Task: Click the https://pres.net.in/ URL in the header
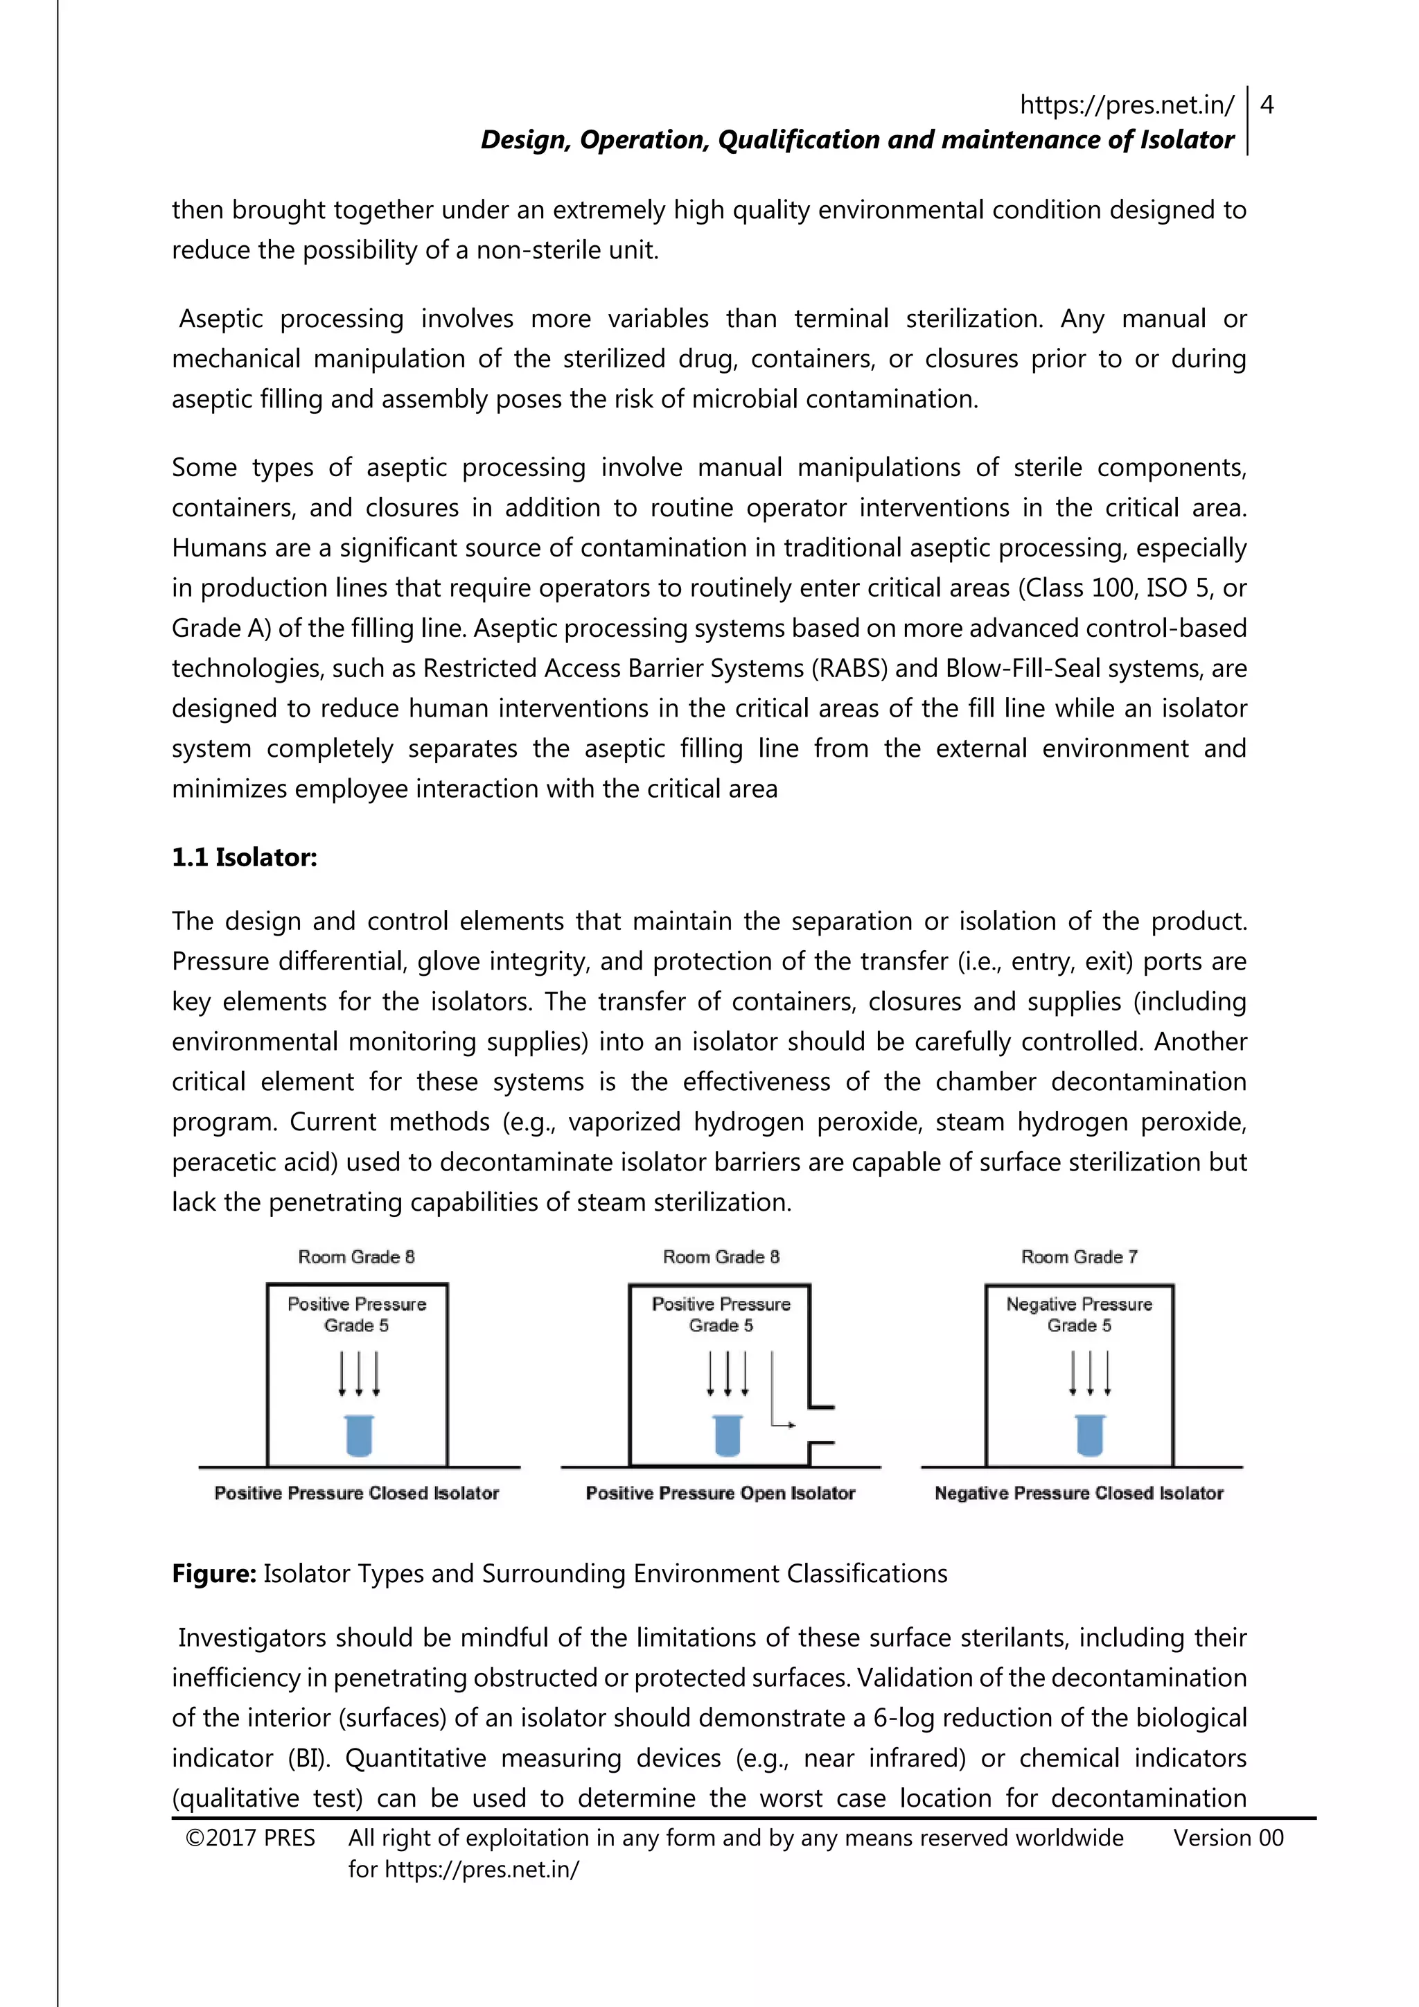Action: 1127,106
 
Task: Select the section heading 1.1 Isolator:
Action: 244,857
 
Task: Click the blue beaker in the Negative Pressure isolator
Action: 1090,1435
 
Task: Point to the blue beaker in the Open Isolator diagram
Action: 727,1435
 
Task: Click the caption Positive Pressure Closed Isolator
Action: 357,1493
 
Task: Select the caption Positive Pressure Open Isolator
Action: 720,1493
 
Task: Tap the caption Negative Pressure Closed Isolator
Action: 1078,1493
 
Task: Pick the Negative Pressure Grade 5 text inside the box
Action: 1079,1315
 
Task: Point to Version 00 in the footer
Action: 1228,1839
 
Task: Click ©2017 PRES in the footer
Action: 250,1839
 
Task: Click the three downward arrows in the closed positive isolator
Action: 358,1374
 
